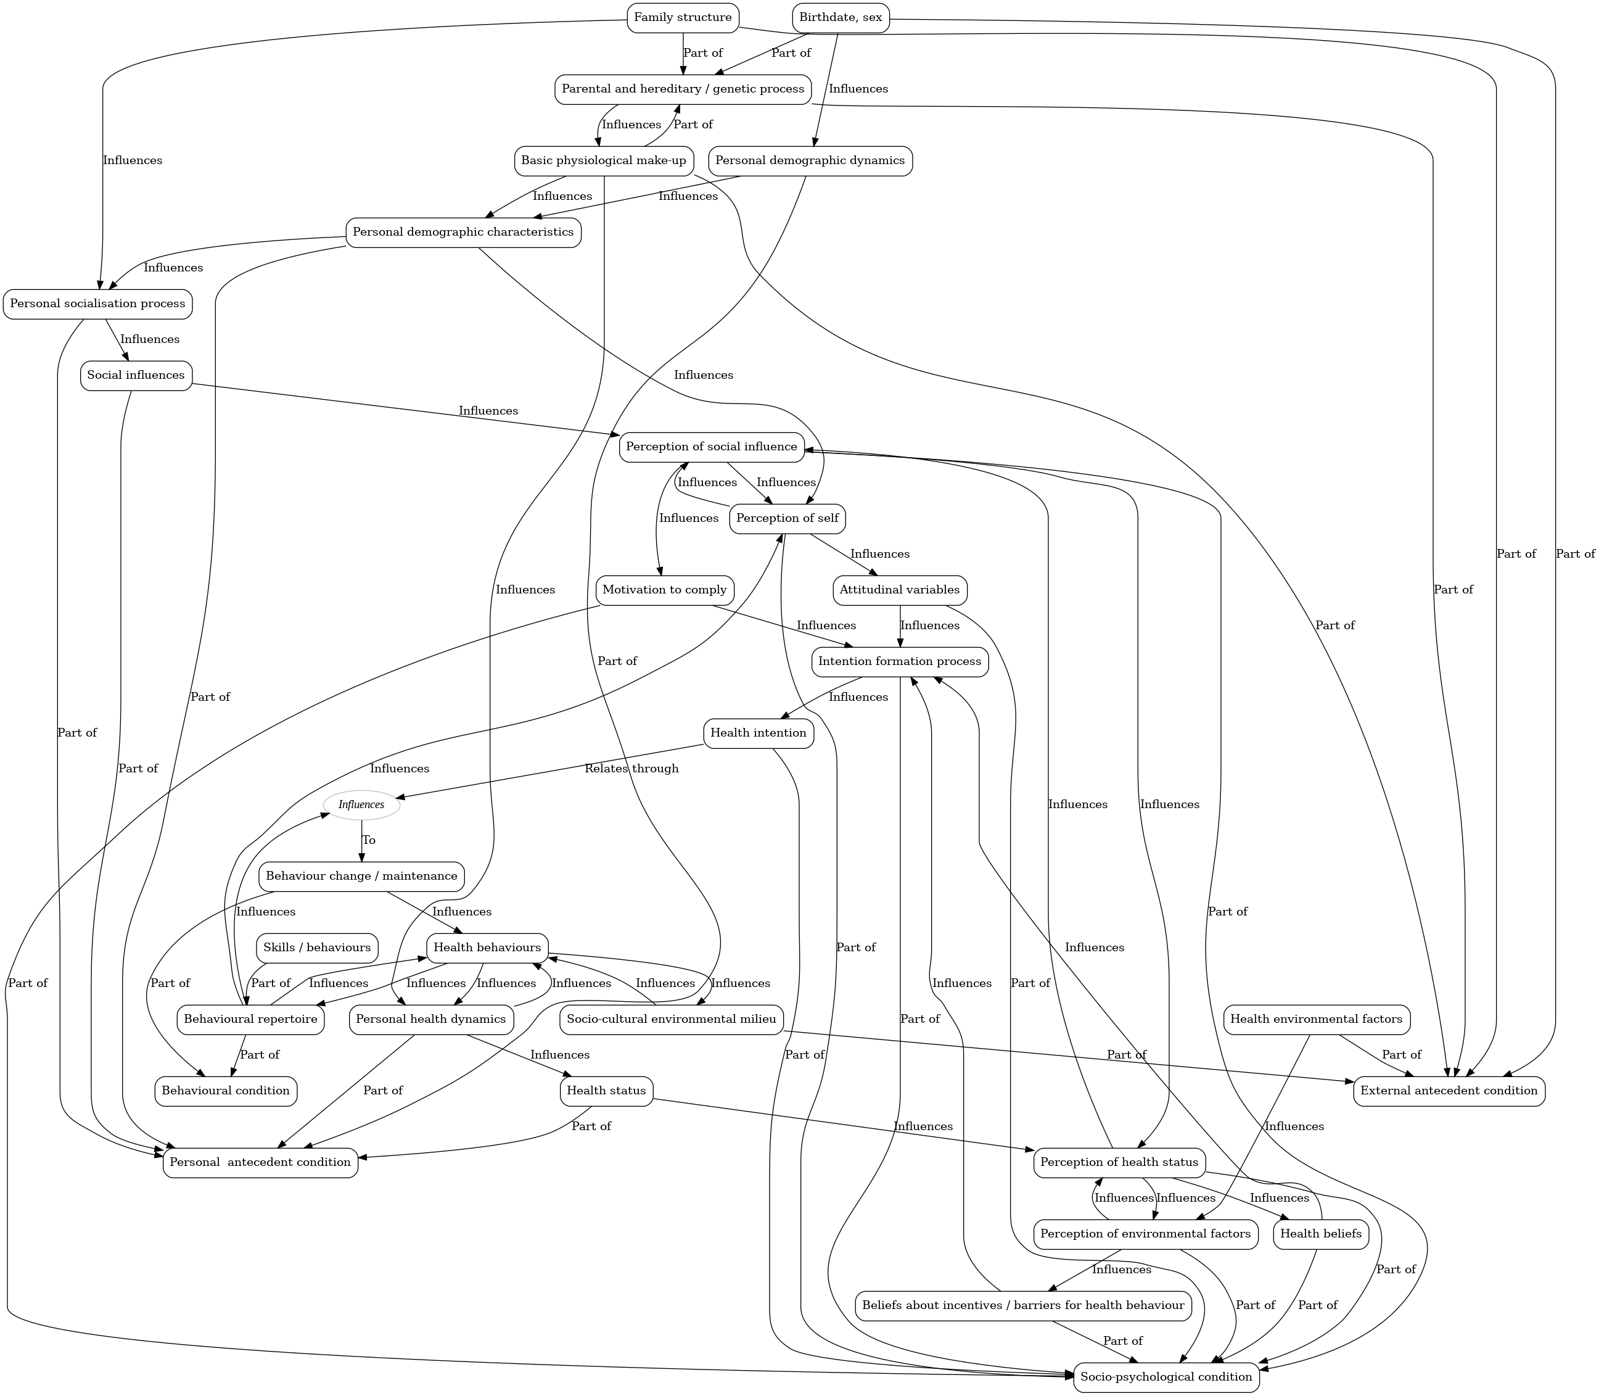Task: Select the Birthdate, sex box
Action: [x=841, y=18]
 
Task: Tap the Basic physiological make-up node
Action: [x=604, y=161]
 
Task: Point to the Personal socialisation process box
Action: [x=97, y=304]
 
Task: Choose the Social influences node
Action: [x=136, y=376]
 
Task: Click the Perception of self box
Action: [x=787, y=519]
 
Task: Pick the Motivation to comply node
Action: [x=664, y=590]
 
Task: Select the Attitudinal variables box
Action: [x=900, y=590]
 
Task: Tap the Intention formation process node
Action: [x=900, y=661]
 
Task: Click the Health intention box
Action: [x=758, y=733]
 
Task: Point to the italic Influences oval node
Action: [x=361, y=805]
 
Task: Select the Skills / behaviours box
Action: [x=317, y=948]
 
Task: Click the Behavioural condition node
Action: [x=226, y=1091]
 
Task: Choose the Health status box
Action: [x=606, y=1091]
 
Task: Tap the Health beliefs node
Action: [x=1321, y=1234]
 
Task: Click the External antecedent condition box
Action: [x=1449, y=1091]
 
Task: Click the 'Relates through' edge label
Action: [x=631, y=769]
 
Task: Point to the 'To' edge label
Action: [x=369, y=841]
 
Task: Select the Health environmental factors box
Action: [x=1317, y=1019]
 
